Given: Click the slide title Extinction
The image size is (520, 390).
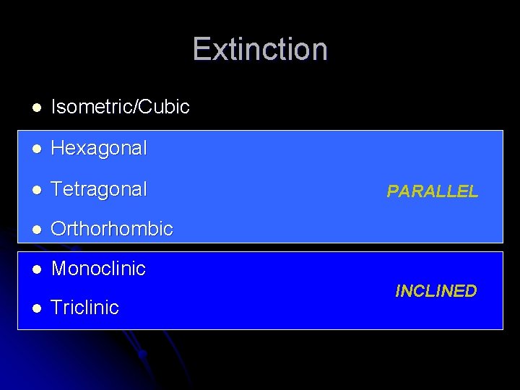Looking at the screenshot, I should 260,49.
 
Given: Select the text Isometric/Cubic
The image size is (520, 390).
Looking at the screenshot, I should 120,108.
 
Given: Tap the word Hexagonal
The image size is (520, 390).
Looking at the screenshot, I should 99,149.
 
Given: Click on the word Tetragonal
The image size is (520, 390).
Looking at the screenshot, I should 99,189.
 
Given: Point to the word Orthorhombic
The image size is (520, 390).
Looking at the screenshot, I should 112,229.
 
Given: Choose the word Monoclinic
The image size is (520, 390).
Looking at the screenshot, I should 98,269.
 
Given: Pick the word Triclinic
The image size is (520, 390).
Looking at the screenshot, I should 85,308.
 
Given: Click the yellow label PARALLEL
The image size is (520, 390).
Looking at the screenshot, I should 432,191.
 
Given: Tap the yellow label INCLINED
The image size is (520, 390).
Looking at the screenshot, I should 435,291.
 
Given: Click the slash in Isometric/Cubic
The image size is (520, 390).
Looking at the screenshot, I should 136,108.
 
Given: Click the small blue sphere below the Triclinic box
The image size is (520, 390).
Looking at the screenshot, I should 143,354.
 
